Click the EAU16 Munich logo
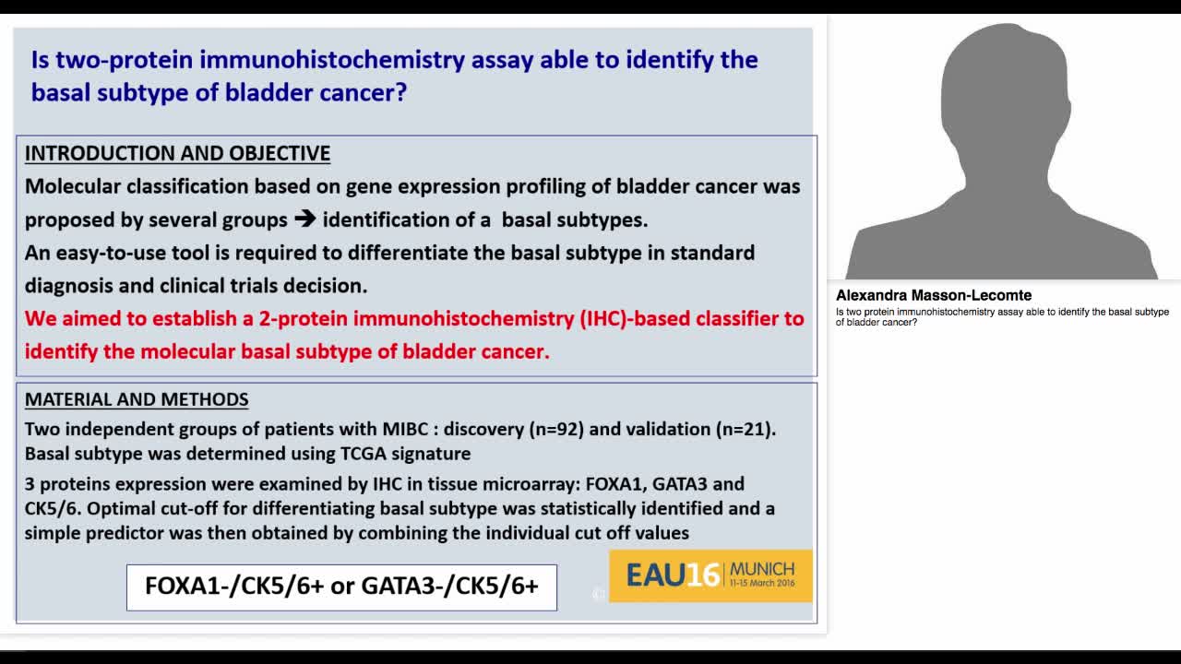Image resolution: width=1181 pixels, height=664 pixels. point(710,575)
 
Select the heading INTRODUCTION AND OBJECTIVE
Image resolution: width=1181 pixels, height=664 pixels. point(177,153)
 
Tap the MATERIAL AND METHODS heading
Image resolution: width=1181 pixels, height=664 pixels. point(137,399)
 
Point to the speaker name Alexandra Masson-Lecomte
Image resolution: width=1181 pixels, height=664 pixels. point(934,296)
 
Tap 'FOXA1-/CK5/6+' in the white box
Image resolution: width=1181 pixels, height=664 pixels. point(234,587)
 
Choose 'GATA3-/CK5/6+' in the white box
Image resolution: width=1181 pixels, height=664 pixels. point(449,587)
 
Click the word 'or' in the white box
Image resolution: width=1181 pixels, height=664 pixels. point(342,587)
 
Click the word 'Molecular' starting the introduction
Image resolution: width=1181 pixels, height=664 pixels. point(73,186)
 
